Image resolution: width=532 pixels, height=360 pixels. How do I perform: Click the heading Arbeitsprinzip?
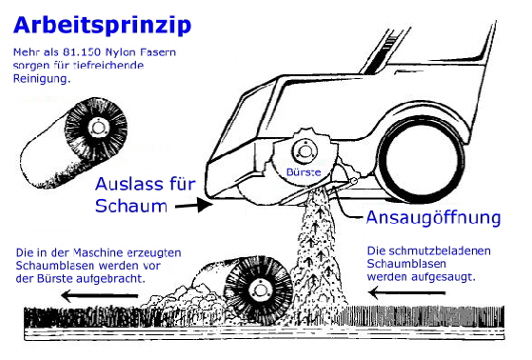point(102,25)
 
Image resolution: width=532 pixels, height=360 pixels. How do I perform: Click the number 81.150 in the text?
point(82,52)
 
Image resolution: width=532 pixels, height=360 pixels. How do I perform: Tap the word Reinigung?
point(41,79)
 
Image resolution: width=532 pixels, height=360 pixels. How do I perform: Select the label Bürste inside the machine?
point(304,171)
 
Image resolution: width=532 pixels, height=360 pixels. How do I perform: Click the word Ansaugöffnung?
point(433,217)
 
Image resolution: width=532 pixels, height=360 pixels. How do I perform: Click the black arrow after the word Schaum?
point(194,205)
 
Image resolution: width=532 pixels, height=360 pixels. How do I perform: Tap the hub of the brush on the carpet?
point(261,290)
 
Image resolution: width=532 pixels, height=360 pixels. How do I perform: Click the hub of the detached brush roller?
point(98,128)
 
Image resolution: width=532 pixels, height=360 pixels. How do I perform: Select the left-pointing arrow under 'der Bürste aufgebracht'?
point(99,295)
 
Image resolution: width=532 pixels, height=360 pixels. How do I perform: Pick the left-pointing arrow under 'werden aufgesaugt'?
point(406,292)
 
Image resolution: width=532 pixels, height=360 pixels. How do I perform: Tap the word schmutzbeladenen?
point(440,251)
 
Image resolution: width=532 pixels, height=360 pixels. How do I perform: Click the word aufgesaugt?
point(443,277)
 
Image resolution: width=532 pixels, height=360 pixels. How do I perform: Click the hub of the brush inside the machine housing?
point(305,150)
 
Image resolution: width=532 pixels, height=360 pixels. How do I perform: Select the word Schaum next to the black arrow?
point(131,206)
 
